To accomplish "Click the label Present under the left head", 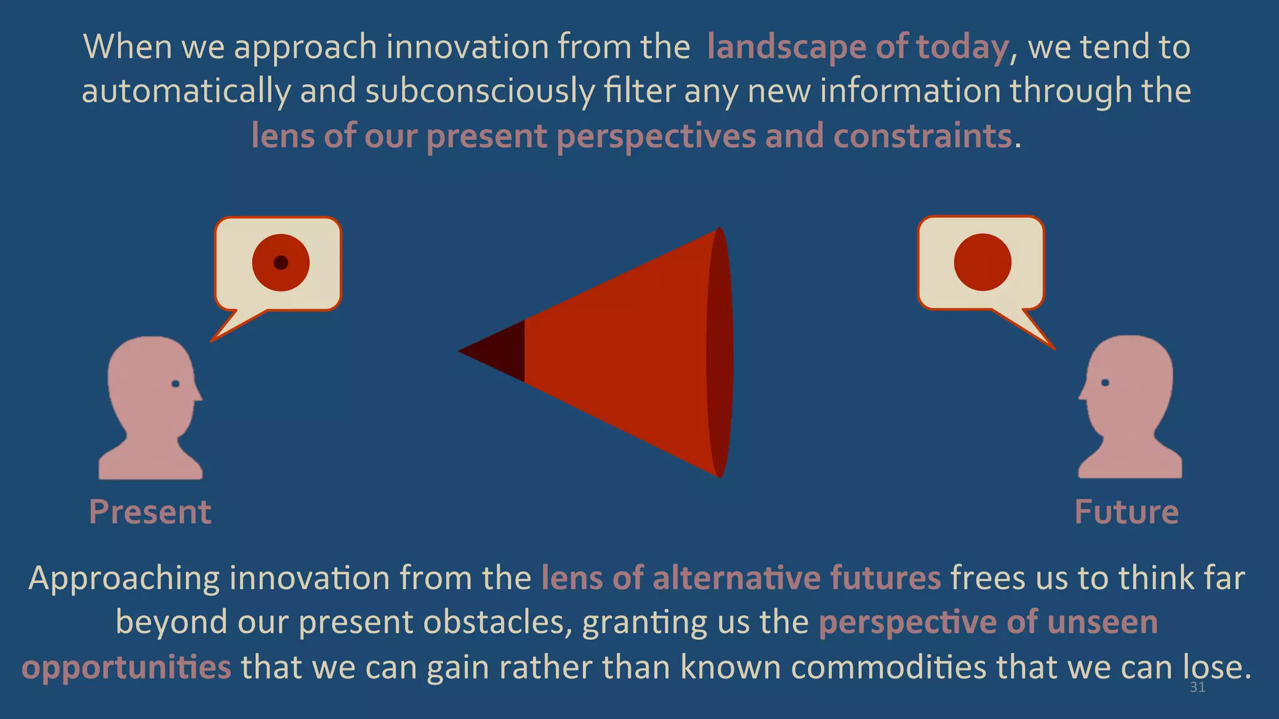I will tap(150, 512).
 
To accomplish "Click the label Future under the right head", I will tap(1127, 512).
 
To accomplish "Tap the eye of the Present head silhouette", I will tap(175, 383).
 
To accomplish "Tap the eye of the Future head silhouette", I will tap(1105, 383).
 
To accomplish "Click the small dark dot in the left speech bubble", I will tap(281, 262).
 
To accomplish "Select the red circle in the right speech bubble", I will tap(982, 262).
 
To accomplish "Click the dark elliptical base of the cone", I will tap(720, 353).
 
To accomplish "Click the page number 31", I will tap(1197, 688).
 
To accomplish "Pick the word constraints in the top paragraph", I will tap(922, 136).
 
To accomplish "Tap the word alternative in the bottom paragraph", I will tap(736, 578).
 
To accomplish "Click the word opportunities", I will tap(127, 668).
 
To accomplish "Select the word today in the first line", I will tap(962, 47).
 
